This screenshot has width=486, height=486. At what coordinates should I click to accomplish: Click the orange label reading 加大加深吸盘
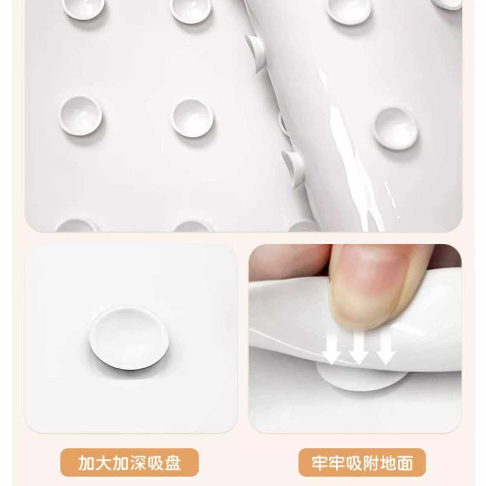point(130,462)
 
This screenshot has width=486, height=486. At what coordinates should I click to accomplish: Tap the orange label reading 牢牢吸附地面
point(362,462)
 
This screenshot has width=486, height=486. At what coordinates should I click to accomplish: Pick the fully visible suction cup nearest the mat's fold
point(192,118)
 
